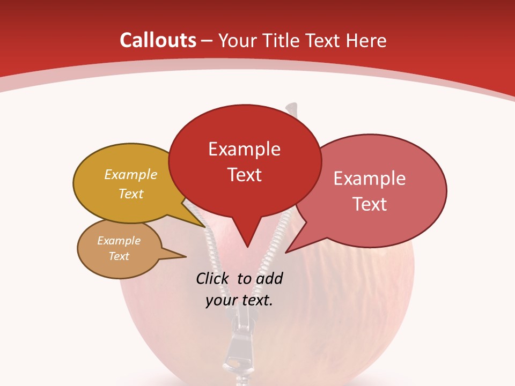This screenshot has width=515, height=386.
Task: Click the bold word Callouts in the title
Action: coord(158,40)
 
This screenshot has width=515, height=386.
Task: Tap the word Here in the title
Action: coord(366,40)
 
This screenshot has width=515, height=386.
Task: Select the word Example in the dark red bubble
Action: coord(244,149)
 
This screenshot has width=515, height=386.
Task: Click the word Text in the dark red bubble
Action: coord(244,175)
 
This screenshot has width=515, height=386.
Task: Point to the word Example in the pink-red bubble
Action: coord(369,179)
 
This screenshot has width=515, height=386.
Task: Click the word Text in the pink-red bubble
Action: coord(370,204)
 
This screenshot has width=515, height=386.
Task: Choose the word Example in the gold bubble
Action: coord(131,175)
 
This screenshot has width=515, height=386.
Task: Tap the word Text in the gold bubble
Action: coord(131,194)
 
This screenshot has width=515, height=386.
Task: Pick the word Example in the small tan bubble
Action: coord(119,241)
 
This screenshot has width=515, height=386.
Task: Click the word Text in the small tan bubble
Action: coord(119,256)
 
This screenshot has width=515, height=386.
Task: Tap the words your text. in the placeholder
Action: coord(239,300)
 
